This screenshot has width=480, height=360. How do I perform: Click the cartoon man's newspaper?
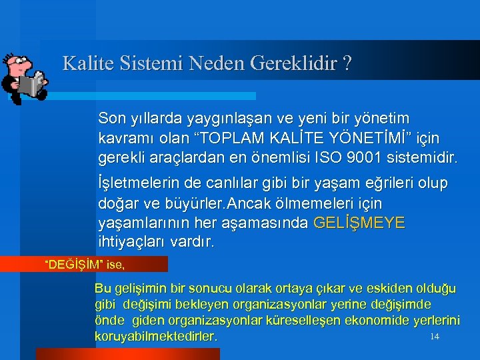pyautogui.click(x=31, y=85)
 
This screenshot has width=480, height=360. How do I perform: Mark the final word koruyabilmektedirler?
pyautogui.click(x=156, y=337)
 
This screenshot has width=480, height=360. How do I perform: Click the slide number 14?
pyautogui.click(x=435, y=336)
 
